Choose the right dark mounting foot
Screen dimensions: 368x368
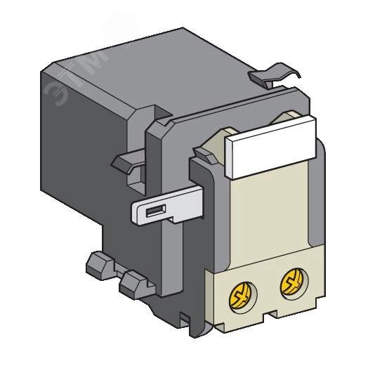[133, 284]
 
